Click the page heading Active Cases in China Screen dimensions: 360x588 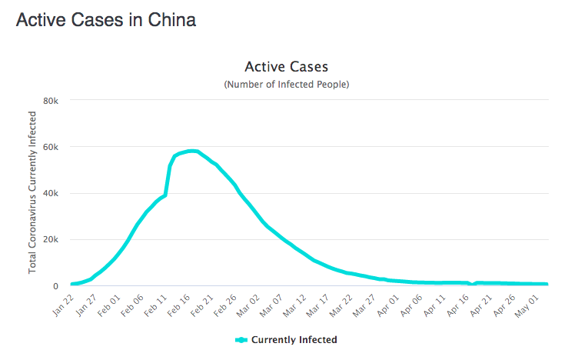tap(106, 20)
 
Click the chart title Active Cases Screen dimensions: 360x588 tap(286, 67)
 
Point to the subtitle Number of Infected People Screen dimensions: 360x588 tap(286, 84)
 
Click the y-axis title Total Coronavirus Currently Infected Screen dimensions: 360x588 tap(32, 192)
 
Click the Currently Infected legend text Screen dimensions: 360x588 tap(294, 339)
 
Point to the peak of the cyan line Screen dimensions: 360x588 tap(191, 151)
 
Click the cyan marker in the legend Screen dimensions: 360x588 tap(241, 339)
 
